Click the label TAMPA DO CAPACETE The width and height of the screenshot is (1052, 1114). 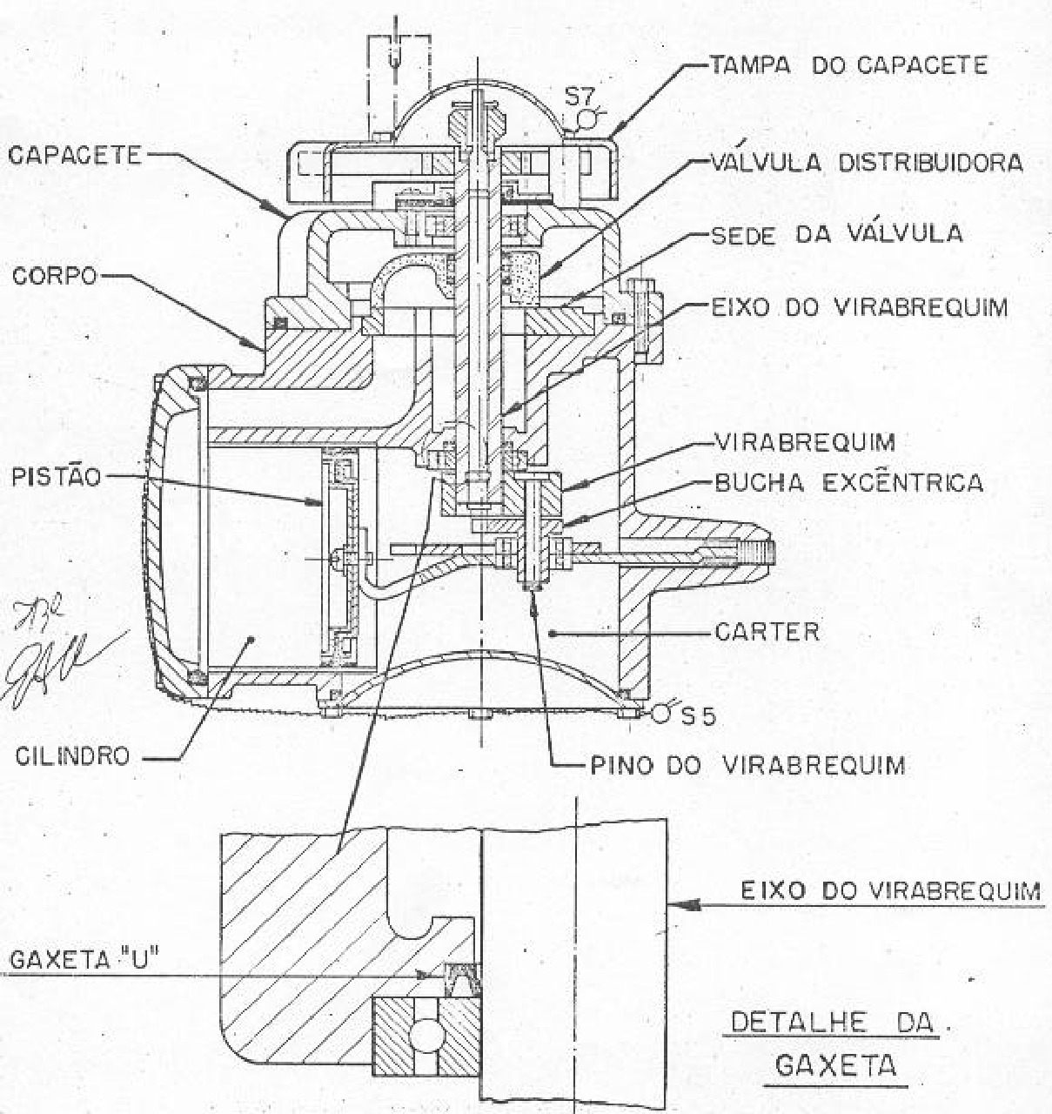(849, 65)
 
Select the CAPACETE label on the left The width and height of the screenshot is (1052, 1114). (75, 155)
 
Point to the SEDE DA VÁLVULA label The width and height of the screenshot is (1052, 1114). (837, 233)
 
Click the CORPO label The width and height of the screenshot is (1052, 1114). (55, 276)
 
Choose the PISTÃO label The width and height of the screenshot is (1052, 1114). (56, 477)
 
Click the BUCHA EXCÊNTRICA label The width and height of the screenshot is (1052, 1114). (849, 482)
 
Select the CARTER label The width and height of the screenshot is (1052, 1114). (767, 632)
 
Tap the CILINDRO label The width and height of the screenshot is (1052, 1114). (72, 756)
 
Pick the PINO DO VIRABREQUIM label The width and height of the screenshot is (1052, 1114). (747, 765)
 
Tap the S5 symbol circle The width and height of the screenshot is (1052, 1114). (661, 712)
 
